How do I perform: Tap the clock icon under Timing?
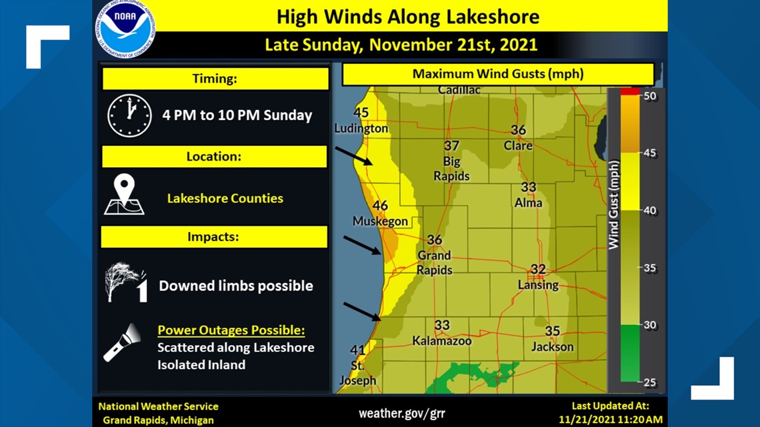tap(129, 115)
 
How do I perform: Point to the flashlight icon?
tap(121, 342)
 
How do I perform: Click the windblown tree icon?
tap(125, 282)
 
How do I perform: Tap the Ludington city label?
tap(361, 129)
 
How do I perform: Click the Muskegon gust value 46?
tap(380, 206)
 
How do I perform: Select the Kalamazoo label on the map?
tap(441, 340)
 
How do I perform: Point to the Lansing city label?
tap(538, 285)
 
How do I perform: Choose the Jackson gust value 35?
tap(552, 331)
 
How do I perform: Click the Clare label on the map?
tap(518, 145)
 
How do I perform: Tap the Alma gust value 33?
tap(528, 188)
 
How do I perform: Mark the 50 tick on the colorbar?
tap(649, 96)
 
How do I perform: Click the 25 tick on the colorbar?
tap(649, 382)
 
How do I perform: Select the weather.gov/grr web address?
tap(402, 414)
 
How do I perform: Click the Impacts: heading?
tap(213, 237)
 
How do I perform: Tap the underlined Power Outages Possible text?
tap(231, 330)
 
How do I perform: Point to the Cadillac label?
tap(459, 90)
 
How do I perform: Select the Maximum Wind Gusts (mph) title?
tap(497, 74)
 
